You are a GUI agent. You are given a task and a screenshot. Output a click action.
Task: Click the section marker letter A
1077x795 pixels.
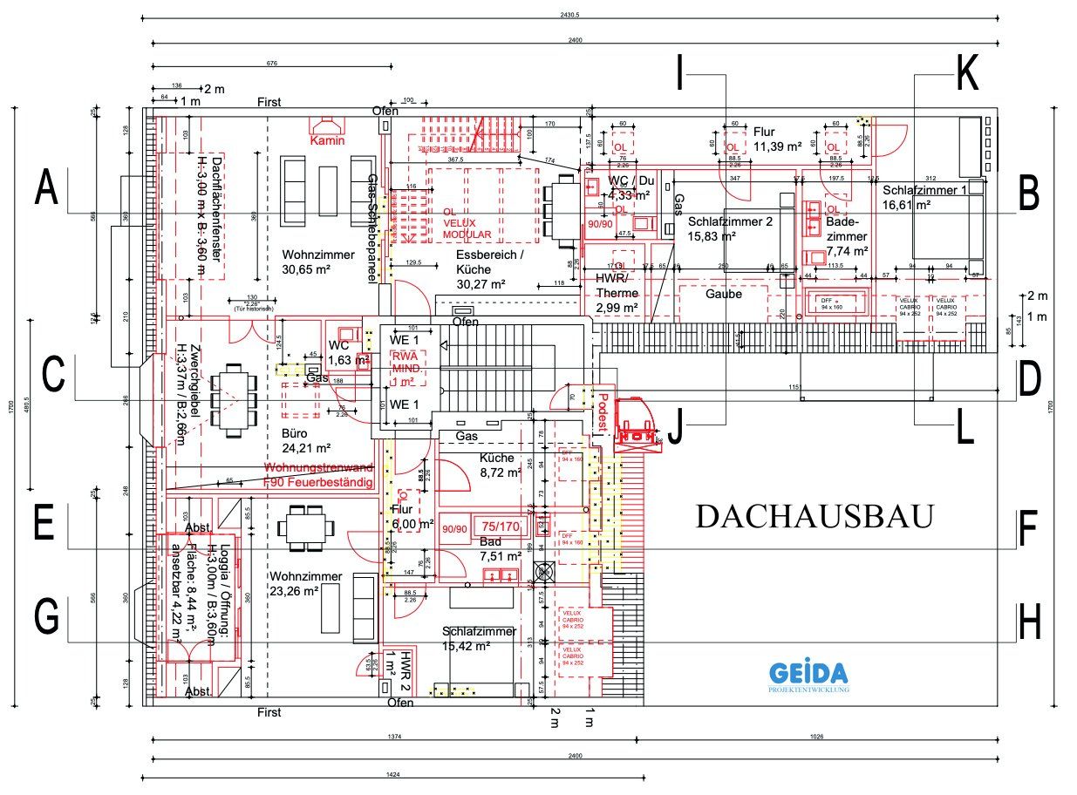(x=47, y=190)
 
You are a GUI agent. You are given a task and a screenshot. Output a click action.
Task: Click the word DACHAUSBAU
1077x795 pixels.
(x=815, y=517)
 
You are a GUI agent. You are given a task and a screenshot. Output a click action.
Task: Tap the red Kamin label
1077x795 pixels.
(x=328, y=140)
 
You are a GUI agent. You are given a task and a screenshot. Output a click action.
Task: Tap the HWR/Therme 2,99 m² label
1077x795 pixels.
(x=618, y=293)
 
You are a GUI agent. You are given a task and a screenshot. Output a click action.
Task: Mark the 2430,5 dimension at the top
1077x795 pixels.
(x=571, y=13)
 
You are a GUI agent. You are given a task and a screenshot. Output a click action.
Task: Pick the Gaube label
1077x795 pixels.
(x=723, y=294)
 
